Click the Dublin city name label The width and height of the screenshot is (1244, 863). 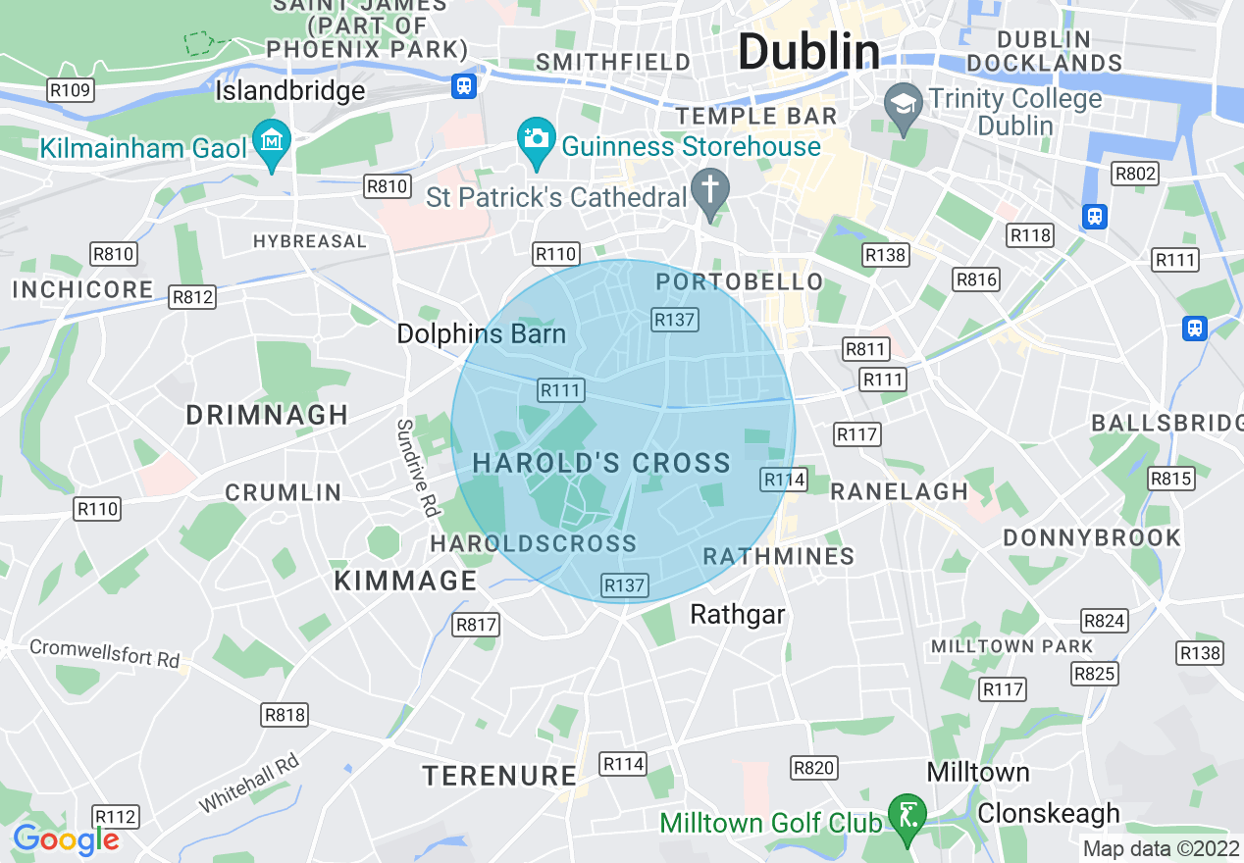[808, 51]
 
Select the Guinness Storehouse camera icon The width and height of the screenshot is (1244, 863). [537, 137]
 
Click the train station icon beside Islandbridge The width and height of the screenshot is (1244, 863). [464, 85]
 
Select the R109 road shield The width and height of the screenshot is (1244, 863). [70, 91]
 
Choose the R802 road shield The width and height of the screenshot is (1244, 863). [1136, 175]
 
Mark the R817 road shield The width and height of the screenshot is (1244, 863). [477, 625]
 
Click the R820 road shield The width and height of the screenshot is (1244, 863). [813, 768]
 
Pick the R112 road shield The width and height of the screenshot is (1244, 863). [116, 816]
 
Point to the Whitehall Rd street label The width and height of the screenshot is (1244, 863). [249, 783]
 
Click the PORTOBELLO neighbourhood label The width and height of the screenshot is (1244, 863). [740, 282]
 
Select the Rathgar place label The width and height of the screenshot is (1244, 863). [738, 615]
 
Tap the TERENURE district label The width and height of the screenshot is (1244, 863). [499, 776]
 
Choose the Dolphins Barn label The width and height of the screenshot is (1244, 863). [481, 333]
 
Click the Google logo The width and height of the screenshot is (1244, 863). [66, 839]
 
